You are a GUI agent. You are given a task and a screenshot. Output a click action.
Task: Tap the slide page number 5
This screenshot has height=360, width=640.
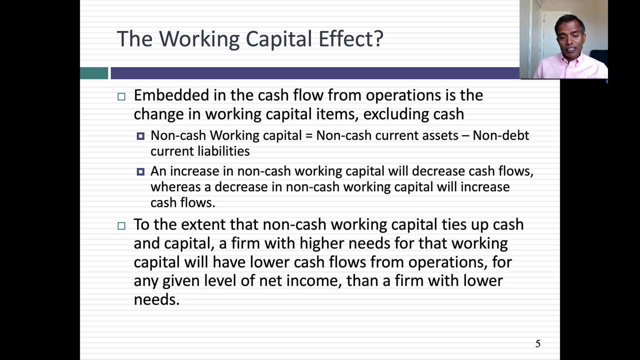(538, 343)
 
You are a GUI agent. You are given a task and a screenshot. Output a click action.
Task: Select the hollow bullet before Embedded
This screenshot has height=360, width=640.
(121, 96)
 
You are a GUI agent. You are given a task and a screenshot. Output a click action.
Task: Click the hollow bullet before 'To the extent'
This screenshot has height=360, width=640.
(121, 225)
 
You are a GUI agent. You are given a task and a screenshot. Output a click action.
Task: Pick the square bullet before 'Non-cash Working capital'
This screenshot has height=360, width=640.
(140, 136)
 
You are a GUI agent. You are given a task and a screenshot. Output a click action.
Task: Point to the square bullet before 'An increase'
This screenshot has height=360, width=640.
(140, 171)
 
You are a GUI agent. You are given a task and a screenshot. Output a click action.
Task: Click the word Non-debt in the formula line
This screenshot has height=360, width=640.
(500, 135)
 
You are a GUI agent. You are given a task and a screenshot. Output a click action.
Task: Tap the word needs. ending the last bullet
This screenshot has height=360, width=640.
(156, 299)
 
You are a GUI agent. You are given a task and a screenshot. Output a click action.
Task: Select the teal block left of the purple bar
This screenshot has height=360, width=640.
(94, 73)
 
